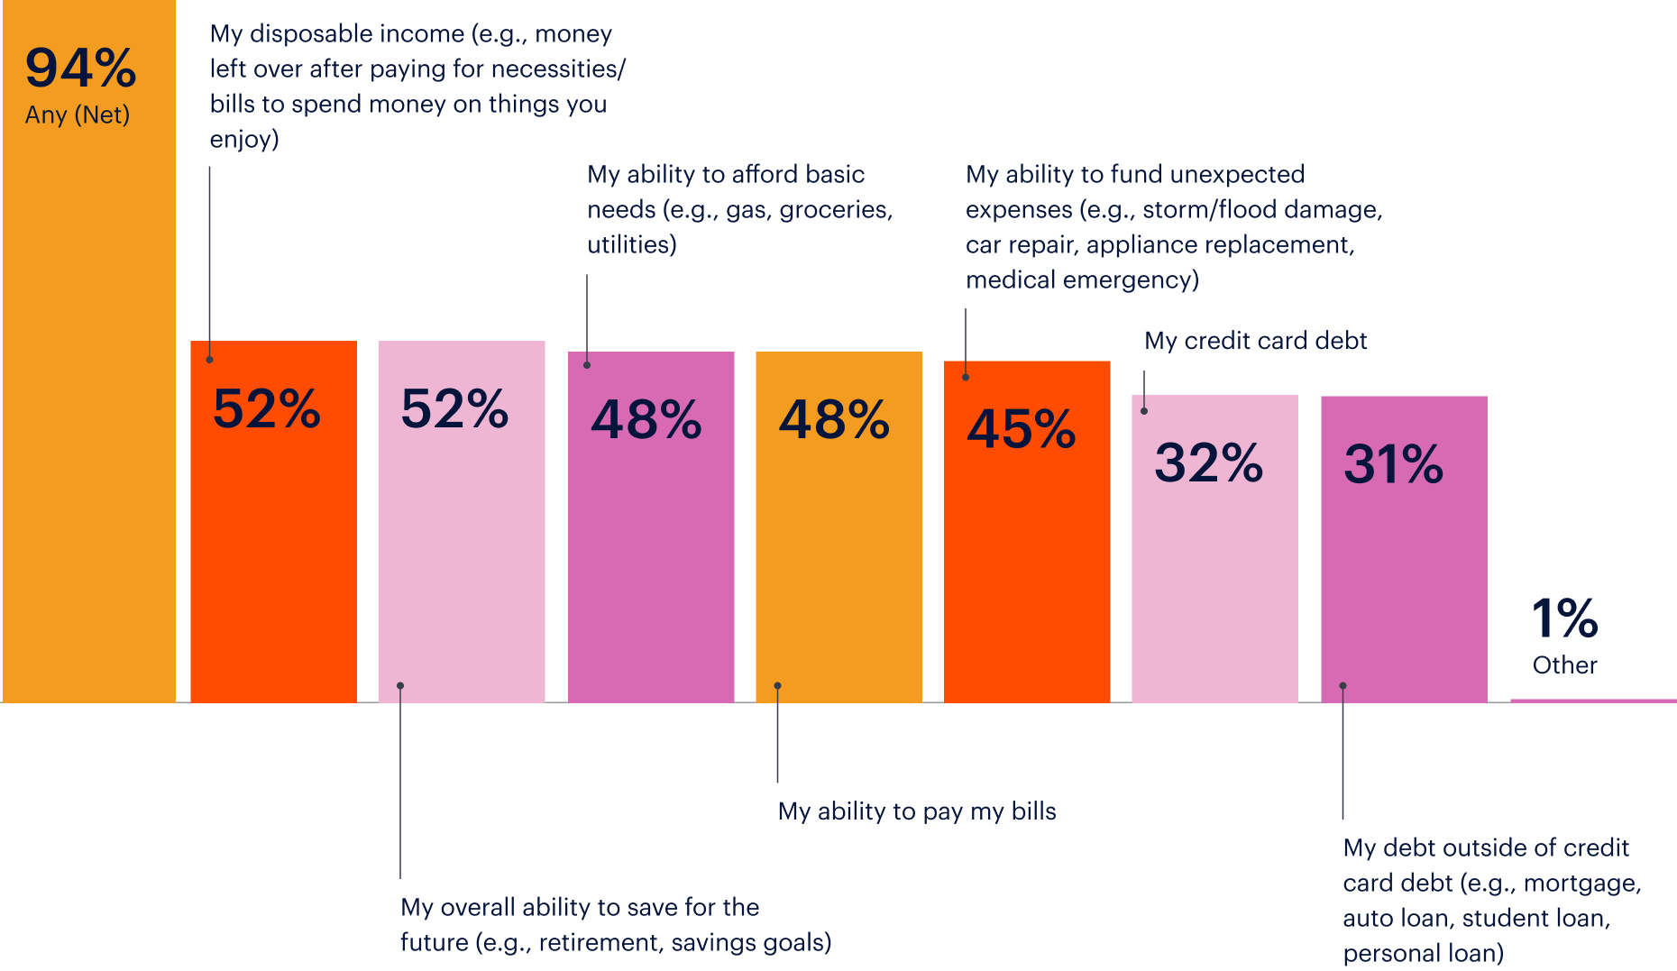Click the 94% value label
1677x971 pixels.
pos(80,69)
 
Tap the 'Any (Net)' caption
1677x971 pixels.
pos(78,115)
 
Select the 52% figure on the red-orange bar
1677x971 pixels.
pos(267,409)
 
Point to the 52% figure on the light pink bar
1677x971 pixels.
pos(455,409)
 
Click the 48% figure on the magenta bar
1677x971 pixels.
pos(646,420)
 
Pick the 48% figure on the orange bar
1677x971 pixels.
pos(834,420)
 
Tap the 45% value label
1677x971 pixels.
pos(1022,429)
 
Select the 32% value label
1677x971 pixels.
pos(1209,463)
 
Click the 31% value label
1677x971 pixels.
pos(1394,465)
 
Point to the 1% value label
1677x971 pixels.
pos(1565,619)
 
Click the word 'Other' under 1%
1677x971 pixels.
pos(1565,665)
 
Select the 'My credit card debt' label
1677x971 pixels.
pos(1255,341)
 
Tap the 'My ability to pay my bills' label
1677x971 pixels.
pos(917,811)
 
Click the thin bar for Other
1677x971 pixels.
pos(1592,700)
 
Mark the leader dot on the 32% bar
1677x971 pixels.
pos(1144,411)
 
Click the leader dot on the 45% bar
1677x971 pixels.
pos(966,377)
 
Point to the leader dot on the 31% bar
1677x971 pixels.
pos(1343,686)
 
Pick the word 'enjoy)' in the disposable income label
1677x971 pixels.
pos(244,140)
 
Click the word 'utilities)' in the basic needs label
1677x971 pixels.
pos(632,245)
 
